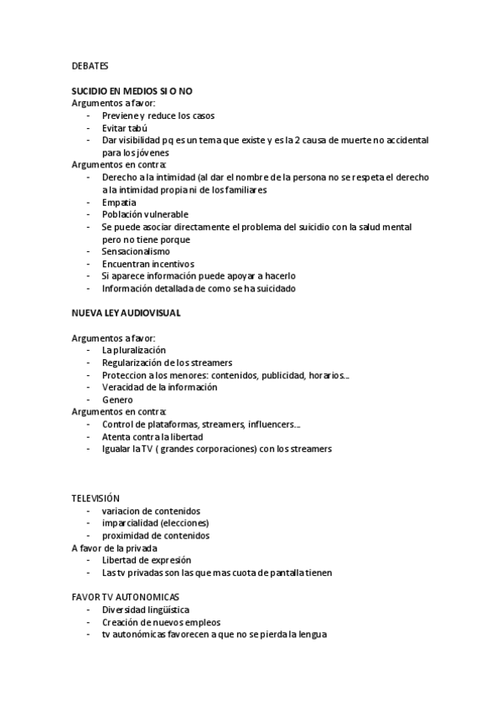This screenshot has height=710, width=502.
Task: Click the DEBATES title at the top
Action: click(x=90, y=64)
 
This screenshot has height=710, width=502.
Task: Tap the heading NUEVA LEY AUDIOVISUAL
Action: click(x=126, y=312)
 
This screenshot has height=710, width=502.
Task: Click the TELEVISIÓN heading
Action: click(x=96, y=498)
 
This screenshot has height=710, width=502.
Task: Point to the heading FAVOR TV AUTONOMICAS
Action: click(x=126, y=597)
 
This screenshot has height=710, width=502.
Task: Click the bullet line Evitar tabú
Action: click(x=124, y=127)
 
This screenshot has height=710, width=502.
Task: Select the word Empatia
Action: click(x=119, y=202)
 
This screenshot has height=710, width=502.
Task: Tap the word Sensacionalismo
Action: click(x=136, y=251)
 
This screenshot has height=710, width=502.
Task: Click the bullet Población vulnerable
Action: click(x=145, y=214)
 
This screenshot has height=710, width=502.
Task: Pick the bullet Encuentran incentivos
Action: click(x=147, y=264)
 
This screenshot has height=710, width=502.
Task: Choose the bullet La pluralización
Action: click(x=134, y=349)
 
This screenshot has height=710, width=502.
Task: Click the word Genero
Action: click(x=117, y=399)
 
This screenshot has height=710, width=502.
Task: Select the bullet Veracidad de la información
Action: click(x=158, y=387)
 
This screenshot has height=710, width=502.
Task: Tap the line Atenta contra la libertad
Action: click(x=152, y=436)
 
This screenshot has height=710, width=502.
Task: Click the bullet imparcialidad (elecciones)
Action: click(x=155, y=523)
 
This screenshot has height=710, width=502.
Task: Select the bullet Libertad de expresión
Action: click(x=147, y=560)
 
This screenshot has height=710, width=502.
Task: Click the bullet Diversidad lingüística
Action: click(x=146, y=610)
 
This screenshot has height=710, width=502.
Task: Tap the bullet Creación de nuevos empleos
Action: click(x=161, y=622)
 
